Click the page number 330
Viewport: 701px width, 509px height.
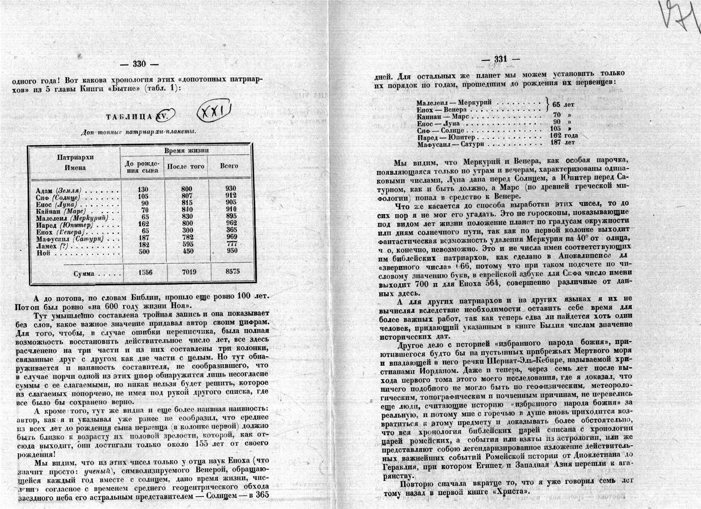point(139,64)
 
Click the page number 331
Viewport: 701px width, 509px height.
point(501,59)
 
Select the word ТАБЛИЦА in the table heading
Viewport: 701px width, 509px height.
point(129,117)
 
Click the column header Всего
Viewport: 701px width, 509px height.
point(229,166)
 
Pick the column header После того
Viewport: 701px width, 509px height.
point(186,166)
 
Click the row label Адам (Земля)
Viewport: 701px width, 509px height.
point(59,190)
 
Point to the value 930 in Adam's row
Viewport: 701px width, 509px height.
point(230,189)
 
